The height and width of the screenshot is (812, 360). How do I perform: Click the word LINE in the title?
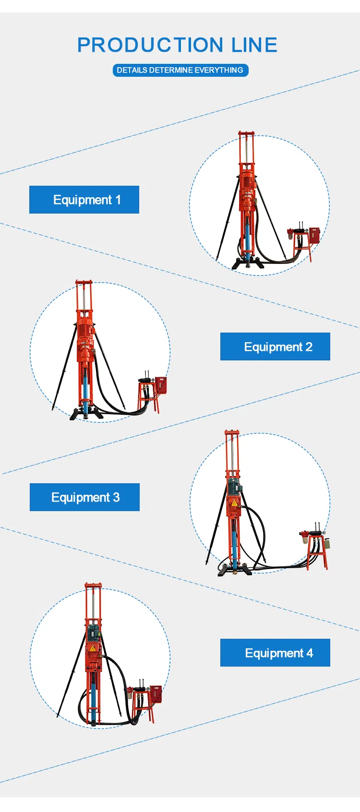click(x=254, y=45)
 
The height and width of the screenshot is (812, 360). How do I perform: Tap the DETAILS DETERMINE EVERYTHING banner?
click(x=180, y=70)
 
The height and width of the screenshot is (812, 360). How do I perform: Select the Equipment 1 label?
click(x=84, y=200)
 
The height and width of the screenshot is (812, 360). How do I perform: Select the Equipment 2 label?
click(x=275, y=346)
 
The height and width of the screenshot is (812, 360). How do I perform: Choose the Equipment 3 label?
click(x=84, y=497)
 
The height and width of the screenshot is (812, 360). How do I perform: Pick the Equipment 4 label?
click(x=275, y=653)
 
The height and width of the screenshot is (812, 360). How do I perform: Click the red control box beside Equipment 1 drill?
click(x=314, y=235)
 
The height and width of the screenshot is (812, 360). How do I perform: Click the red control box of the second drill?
click(x=161, y=385)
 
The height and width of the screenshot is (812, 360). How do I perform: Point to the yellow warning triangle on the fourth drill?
click(x=93, y=648)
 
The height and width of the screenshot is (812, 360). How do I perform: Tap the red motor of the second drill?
click(x=85, y=331)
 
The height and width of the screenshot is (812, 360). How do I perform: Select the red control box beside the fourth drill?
click(x=155, y=694)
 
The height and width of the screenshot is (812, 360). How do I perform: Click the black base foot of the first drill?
click(x=248, y=264)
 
